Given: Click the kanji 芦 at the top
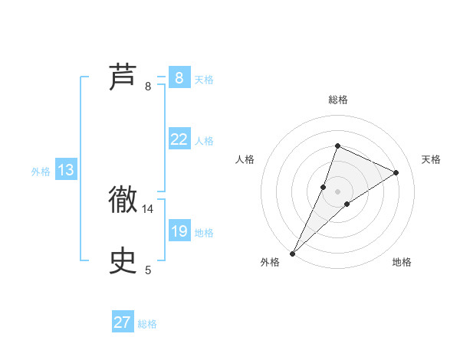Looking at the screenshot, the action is pos(123,77).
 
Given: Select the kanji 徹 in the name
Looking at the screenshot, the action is pos(123,200).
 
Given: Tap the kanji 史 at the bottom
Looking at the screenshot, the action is pos(123,260).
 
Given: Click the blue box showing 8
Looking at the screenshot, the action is pos(179,77).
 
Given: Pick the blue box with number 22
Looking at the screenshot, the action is pos(179,139).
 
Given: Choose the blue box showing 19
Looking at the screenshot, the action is pos(179,231).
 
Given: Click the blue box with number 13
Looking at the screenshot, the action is pos(66,170).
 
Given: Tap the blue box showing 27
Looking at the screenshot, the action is pos(123,322).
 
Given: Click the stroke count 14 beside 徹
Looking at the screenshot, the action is pos(148,208).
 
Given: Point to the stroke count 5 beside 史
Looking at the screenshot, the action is pos(148,270).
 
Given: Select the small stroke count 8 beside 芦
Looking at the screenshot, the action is pos(148,87).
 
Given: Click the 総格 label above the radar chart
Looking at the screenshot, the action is pos(338,100).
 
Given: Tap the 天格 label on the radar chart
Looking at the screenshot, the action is pos(431,159).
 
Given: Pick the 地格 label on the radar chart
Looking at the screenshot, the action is pos(402,263).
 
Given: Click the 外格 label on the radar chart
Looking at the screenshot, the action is pos(270,263).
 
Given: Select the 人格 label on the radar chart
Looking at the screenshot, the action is pos(245,159).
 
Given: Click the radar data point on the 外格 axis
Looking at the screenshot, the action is pos(293,253).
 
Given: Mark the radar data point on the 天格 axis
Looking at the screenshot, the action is pos(396,172).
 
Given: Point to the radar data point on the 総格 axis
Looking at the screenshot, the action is pos(337,146).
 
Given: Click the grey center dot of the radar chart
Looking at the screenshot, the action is pos(337,191).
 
